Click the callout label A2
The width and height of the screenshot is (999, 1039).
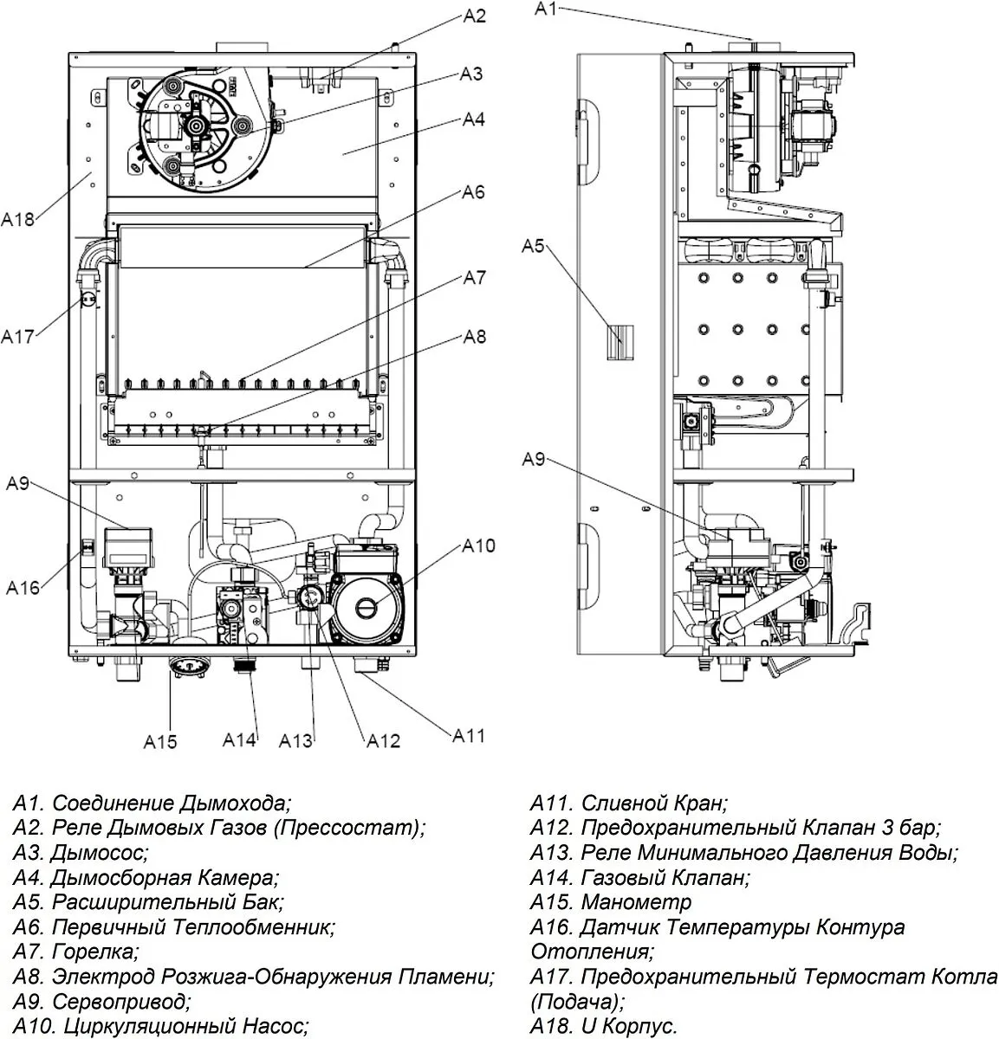pos(474,16)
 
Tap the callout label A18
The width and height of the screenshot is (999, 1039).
pos(17,219)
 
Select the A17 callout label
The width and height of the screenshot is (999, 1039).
pos(17,336)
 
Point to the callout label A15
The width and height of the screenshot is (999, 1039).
pos(159,742)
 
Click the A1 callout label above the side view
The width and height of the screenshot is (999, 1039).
pos(546,9)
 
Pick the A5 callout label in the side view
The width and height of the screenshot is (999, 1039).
pos(533,246)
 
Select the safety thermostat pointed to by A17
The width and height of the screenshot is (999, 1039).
pos(88,300)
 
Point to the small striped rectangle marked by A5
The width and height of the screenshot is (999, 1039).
pos(620,342)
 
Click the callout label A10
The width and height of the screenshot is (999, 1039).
pos(478,545)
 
